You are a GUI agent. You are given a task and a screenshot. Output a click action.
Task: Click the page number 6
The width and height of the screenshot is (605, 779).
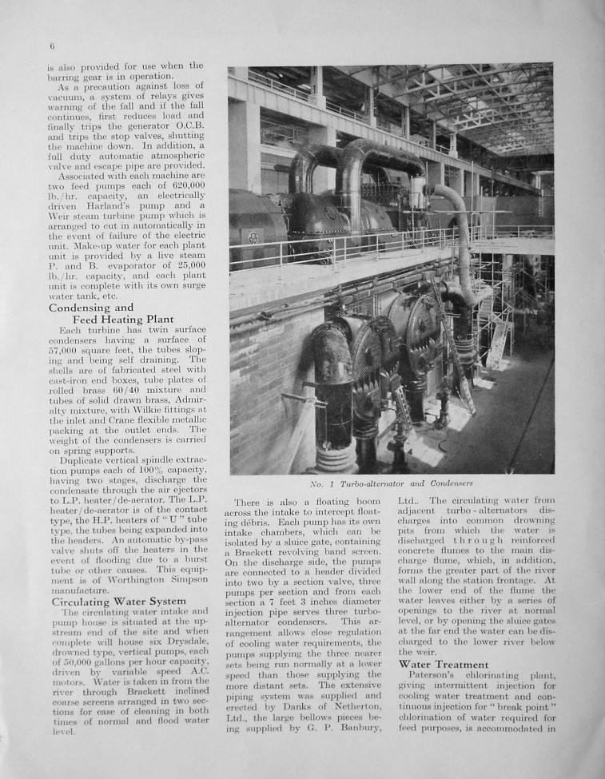pyautogui.click(x=51, y=46)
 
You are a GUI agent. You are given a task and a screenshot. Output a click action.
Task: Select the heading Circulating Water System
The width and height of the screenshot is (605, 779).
pyautogui.click(x=119, y=601)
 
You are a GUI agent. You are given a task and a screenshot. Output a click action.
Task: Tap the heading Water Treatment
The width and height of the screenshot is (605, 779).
pyautogui.click(x=443, y=664)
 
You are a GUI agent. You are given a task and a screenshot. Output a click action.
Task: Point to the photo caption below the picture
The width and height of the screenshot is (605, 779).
pyautogui.click(x=391, y=483)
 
